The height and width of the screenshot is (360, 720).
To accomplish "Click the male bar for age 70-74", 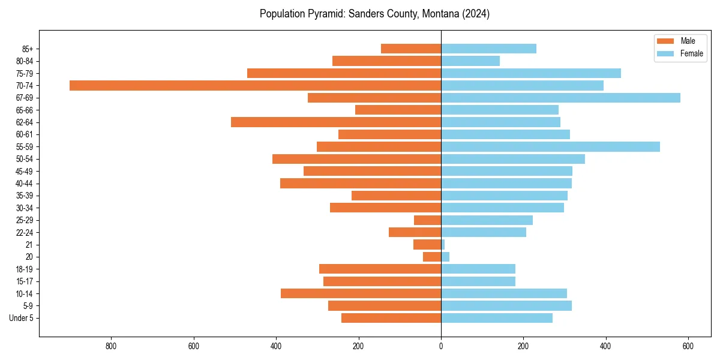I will pos(255,86).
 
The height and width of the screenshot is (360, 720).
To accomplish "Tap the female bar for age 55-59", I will pos(550,147).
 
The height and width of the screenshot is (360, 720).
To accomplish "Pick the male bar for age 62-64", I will pos(336,122).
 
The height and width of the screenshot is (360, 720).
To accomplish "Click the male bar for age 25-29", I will pos(427,220).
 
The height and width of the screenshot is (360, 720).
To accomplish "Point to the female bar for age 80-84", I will pos(470,61).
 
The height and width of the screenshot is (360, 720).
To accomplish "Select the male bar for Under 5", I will pos(391,318).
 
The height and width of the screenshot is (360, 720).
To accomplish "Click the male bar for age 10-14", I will pos(361,293).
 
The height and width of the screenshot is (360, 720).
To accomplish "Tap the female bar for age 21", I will pos(443,245).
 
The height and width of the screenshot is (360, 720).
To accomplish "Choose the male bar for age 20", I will pos(432,257).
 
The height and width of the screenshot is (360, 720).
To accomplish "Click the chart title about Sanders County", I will pos(374,14).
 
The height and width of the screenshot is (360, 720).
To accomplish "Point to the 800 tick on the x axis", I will pos(111,346).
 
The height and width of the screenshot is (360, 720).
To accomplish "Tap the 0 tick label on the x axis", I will pos(441,346).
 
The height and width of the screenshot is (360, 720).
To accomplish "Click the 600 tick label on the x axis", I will pos(688,346).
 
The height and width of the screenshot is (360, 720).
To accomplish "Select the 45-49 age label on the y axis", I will pos(25,172).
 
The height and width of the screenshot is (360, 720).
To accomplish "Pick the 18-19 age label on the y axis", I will pos(25,269).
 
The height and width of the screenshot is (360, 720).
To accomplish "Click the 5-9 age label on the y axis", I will pos(28,306).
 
